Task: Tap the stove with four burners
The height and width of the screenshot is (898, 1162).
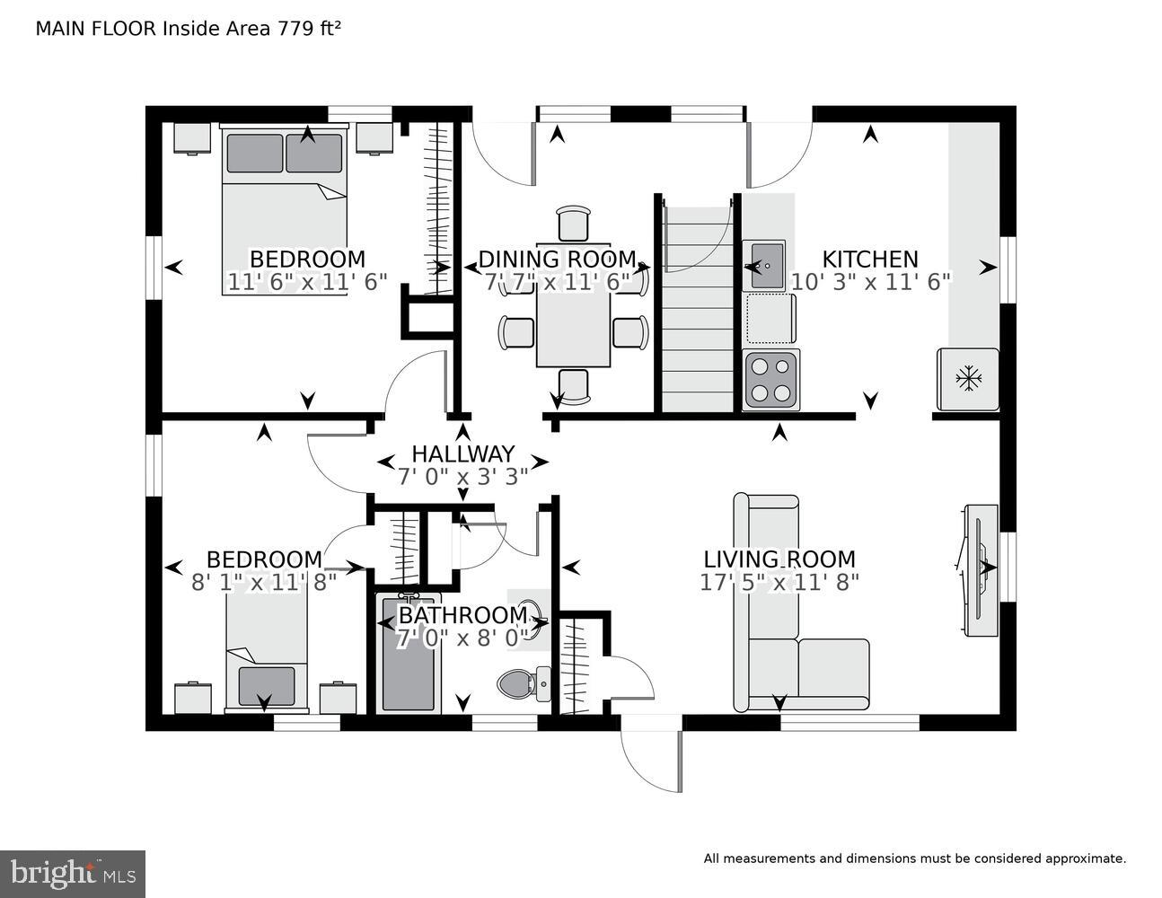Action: [x=771, y=379]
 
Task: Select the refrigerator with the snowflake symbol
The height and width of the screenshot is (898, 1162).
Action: [x=968, y=379]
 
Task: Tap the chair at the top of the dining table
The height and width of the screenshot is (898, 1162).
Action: [x=575, y=223]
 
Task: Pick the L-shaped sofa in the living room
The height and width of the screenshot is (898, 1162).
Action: [x=781, y=647]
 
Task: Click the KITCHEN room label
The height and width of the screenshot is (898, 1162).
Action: [x=870, y=260]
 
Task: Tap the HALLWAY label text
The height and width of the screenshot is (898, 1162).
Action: [x=462, y=453]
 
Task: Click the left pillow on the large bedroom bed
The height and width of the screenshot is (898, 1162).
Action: [x=254, y=153]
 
